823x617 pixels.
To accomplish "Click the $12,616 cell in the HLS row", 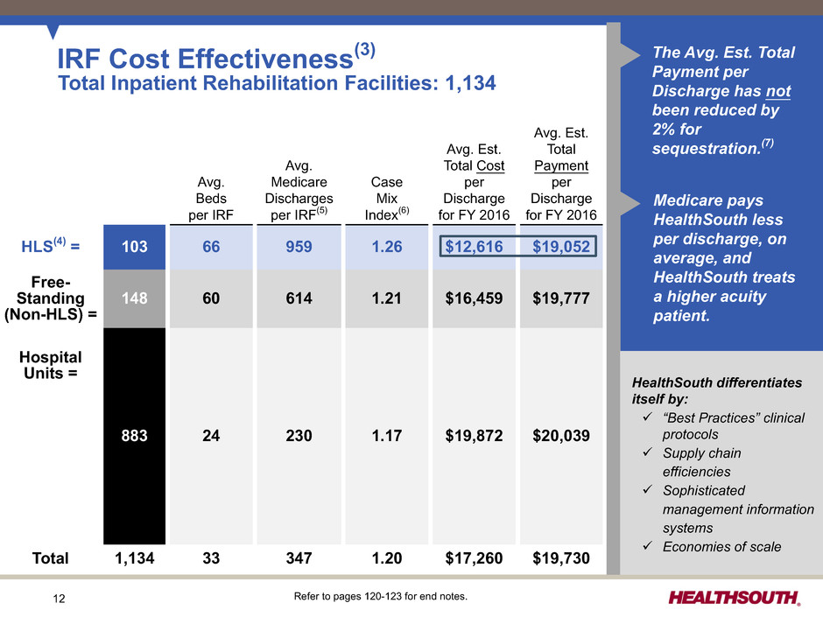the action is click(x=474, y=247).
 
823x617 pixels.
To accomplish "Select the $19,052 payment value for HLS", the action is click(x=561, y=247).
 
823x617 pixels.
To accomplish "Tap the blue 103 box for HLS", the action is click(x=134, y=247).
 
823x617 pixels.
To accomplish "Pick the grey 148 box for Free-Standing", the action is click(x=134, y=298).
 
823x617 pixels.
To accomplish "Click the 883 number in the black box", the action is click(x=134, y=436).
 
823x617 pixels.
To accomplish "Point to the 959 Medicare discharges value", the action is click(x=299, y=247).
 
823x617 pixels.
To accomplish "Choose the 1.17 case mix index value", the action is click(x=387, y=436).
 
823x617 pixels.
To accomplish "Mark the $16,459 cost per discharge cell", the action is click(x=474, y=298).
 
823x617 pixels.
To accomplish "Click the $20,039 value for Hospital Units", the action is click(x=561, y=436).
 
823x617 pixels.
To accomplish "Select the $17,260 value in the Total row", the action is click(x=474, y=558).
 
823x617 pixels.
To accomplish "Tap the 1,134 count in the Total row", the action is click(x=134, y=558).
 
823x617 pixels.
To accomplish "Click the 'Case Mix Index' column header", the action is click(x=387, y=199).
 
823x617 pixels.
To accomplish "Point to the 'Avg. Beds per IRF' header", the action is click(x=211, y=199).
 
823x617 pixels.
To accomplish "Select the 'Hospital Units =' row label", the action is click(x=51, y=365).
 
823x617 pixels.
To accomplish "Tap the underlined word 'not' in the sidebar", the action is click(x=778, y=91).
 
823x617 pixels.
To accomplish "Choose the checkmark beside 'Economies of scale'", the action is click(x=648, y=545).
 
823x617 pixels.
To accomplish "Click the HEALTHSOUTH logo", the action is click(x=734, y=598).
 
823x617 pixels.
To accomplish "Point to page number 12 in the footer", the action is click(x=59, y=599).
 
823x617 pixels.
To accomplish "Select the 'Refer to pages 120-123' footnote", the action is click(x=381, y=596).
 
